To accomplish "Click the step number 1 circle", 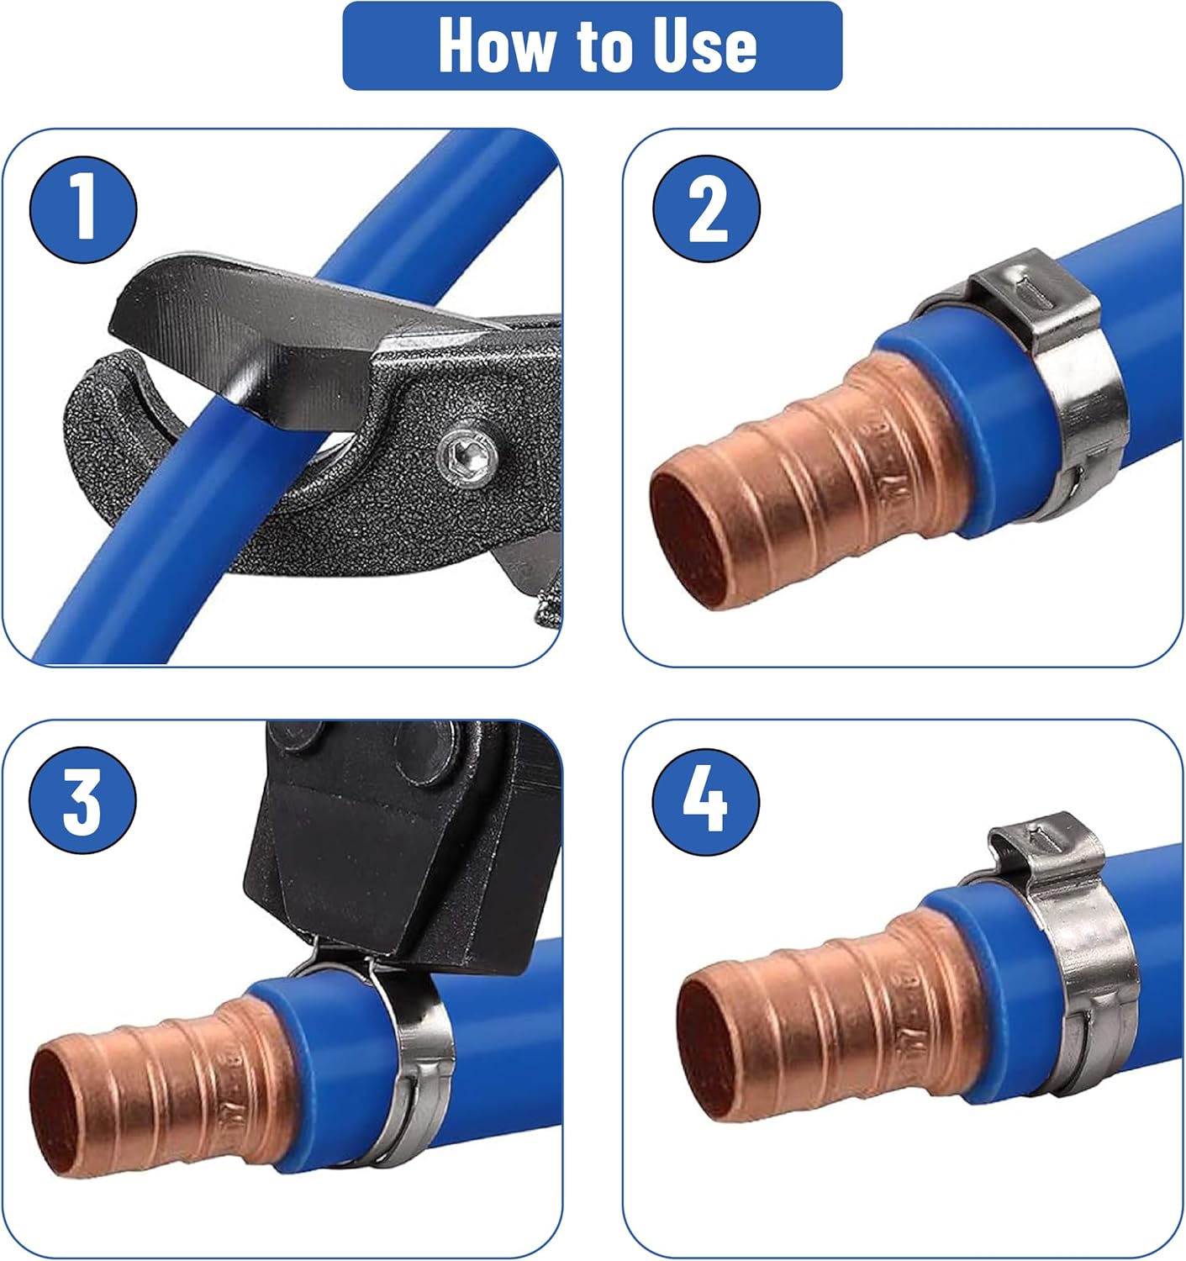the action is tap(82, 209).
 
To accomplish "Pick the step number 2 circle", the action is tap(706, 208).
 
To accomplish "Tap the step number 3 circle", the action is tap(82, 800).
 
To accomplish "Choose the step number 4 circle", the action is tap(705, 802).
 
